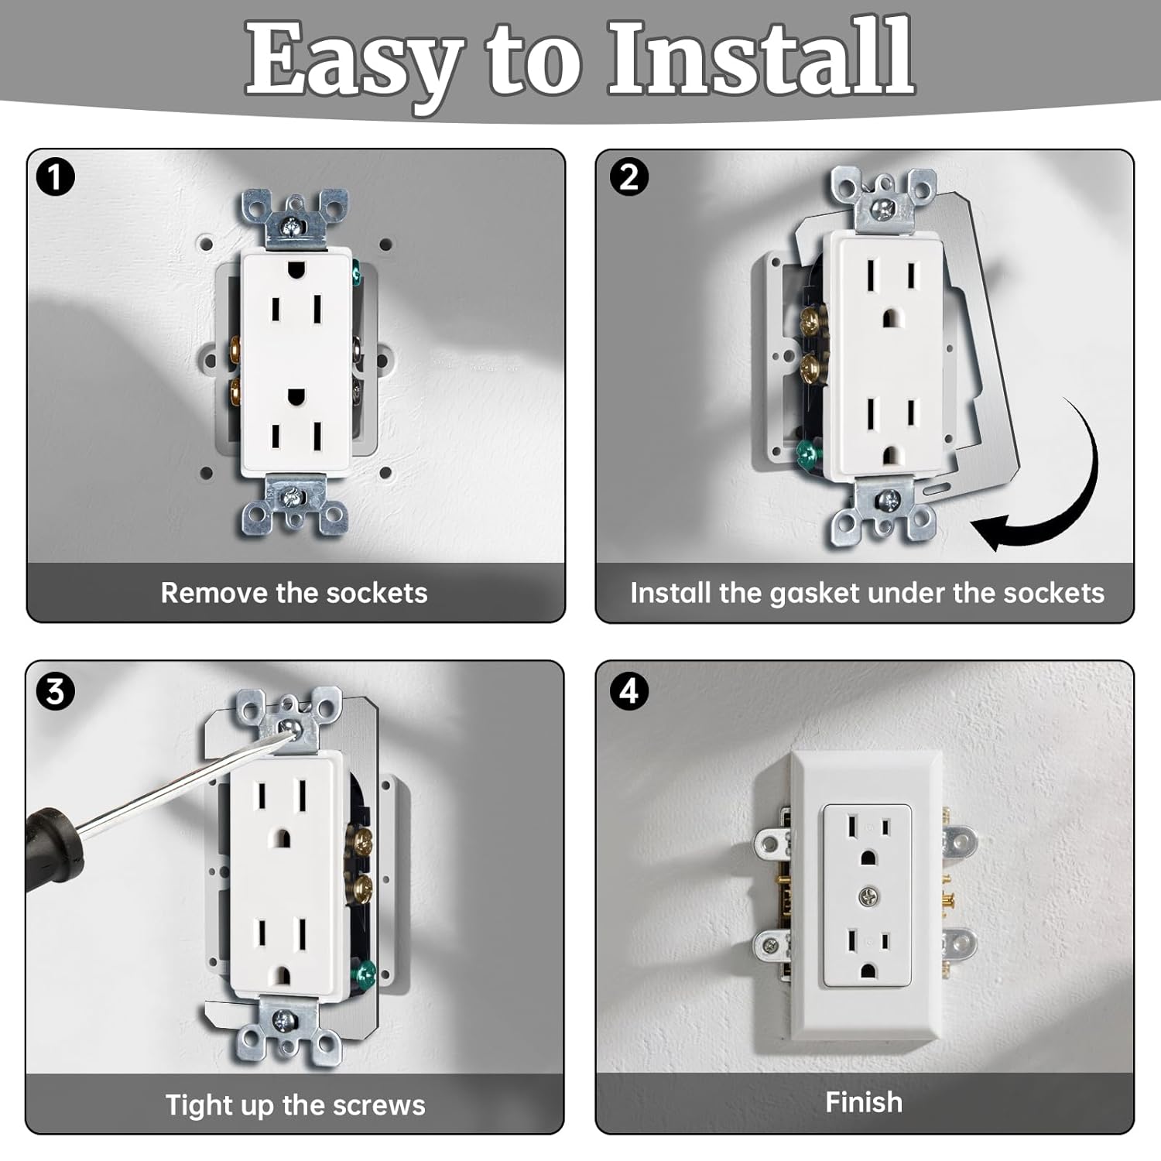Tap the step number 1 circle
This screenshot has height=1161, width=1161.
(55, 177)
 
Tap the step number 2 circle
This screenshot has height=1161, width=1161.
(629, 177)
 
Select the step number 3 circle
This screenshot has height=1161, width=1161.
(55, 690)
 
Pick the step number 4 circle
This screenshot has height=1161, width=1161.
(629, 690)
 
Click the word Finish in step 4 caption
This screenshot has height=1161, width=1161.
(864, 1102)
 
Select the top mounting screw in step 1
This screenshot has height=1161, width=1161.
(291, 227)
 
